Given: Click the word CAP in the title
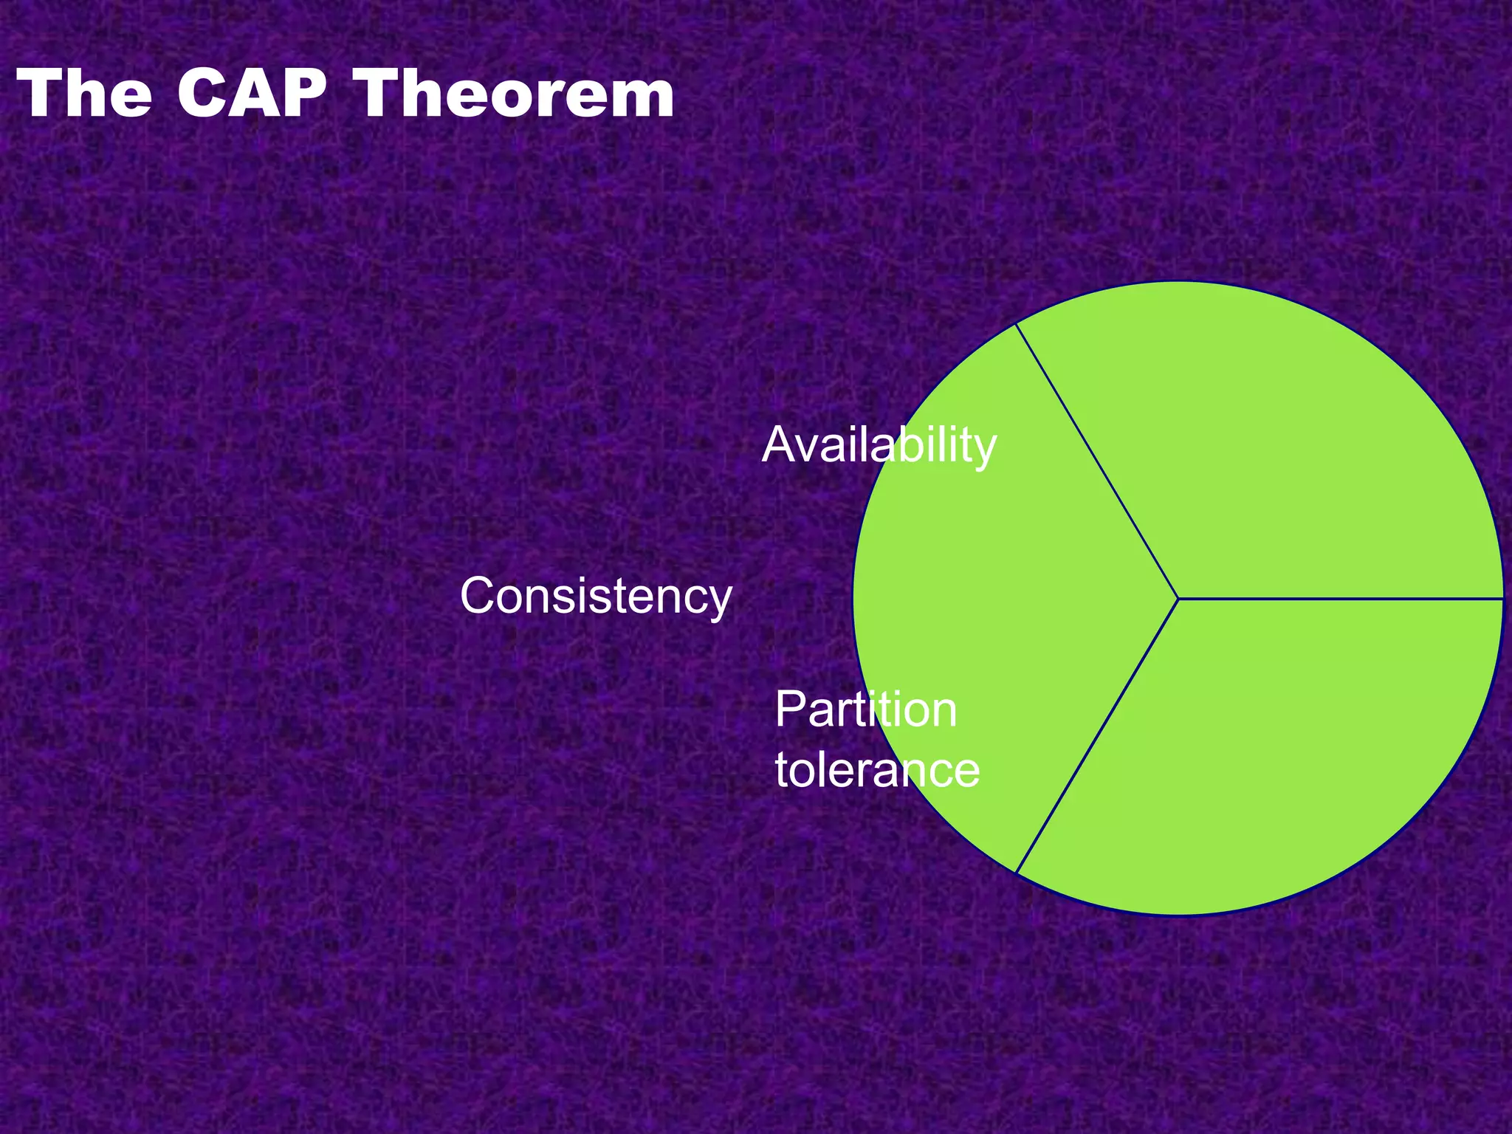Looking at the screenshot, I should pos(251,94).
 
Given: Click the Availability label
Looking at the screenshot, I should pos(879,445).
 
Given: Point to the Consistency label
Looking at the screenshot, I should pos(595,596).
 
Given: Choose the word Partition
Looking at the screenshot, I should pos(865,710).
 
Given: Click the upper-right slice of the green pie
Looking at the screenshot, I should pos(1299,443).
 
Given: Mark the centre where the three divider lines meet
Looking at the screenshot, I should pos(1178,598).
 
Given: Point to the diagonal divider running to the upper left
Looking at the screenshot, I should pos(1097,461).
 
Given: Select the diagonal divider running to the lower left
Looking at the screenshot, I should pos(1097,735).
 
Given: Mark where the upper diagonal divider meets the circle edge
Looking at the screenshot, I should pos(1017,323).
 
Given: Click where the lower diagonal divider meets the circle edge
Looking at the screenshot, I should pos(1017,873).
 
